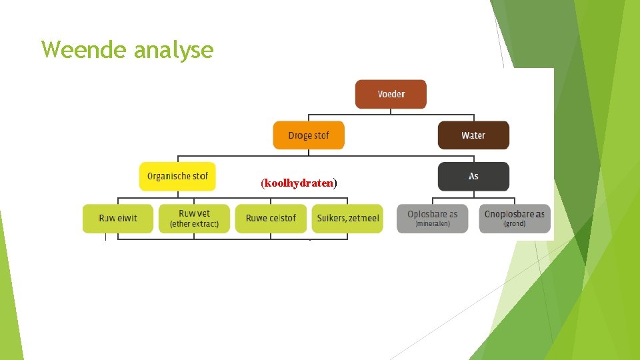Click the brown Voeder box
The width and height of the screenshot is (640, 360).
[391, 94]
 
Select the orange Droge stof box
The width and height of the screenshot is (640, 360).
[309, 135]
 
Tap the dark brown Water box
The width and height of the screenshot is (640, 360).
[473, 135]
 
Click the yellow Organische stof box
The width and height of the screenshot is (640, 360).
[177, 177]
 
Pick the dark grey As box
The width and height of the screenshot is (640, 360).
[473, 177]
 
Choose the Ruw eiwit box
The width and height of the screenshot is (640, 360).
[118, 218]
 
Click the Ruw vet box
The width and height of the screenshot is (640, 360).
[194, 218]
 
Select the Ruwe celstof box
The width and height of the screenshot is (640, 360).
[271, 218]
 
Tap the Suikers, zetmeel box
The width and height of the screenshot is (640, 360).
[347, 218]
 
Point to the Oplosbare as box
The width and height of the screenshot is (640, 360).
[432, 218]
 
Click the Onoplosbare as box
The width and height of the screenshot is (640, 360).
[515, 218]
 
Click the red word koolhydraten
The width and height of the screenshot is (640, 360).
[299, 183]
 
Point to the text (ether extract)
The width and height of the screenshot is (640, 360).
[194, 224]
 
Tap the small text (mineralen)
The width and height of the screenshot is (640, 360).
[432, 224]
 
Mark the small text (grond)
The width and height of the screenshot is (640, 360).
[515, 224]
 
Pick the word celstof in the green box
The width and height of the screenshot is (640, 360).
[283, 218]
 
